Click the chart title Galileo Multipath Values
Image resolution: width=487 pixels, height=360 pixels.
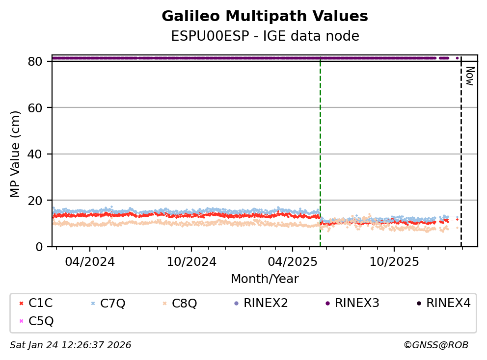point(265,17)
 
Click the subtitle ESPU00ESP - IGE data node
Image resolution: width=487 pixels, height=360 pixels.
point(265,36)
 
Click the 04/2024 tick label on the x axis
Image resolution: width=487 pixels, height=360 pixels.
point(89,261)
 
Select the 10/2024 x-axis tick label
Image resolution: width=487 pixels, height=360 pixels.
point(191,261)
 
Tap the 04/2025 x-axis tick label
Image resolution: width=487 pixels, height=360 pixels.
point(293,261)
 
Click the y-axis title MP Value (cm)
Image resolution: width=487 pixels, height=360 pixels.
point(16,154)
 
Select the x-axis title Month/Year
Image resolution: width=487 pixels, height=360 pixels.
point(265,279)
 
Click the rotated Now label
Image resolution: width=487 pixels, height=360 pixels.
point(469,76)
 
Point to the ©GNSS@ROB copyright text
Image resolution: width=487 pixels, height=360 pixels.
point(435,345)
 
